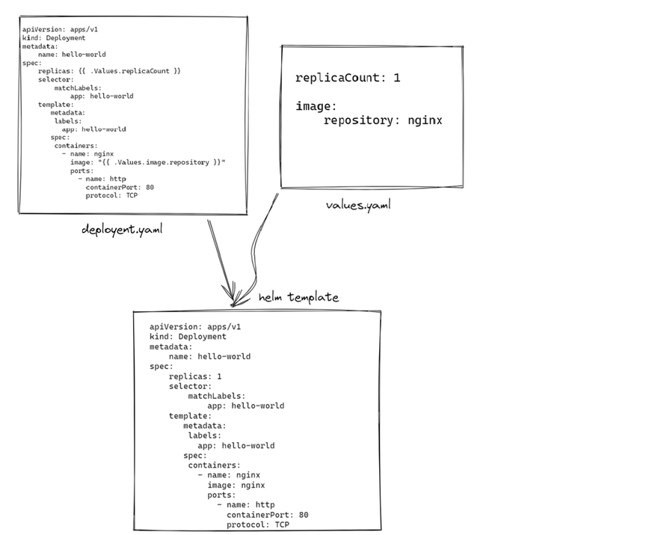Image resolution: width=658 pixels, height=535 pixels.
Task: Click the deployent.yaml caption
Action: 122,230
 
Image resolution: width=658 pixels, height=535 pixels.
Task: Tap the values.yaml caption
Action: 358,204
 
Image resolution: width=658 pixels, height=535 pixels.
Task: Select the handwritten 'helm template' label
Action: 298,298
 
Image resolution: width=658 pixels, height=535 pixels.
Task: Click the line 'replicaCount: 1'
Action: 348,78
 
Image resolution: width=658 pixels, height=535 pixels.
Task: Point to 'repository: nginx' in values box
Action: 382,120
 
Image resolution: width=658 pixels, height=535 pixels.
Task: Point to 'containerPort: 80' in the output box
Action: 267,515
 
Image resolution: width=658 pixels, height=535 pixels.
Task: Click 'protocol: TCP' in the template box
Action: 111,195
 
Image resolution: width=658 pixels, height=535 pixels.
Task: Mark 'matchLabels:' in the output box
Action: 216,396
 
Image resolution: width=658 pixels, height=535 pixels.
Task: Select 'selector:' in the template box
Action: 55,79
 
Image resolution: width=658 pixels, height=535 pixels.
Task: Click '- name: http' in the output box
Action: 246,505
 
